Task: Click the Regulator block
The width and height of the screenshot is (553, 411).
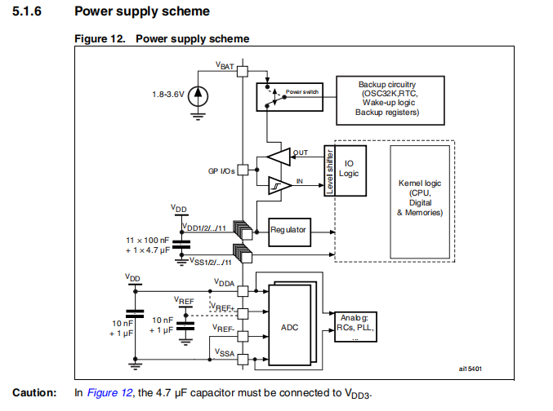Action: (x=289, y=232)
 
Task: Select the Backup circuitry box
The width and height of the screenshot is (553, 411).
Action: (x=390, y=100)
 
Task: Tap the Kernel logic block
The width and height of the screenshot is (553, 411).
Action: (x=420, y=201)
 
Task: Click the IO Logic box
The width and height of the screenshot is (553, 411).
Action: (x=350, y=170)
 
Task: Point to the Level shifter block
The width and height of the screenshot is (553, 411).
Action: (x=329, y=170)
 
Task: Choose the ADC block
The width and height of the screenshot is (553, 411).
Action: (x=289, y=325)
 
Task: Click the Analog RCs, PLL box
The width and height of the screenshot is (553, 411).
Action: (x=355, y=326)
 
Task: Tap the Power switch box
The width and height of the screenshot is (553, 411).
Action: (x=289, y=97)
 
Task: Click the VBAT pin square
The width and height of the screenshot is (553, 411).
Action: (x=243, y=72)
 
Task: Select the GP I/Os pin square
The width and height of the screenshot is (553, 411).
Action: (x=243, y=170)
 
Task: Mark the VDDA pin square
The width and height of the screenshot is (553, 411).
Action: (x=243, y=291)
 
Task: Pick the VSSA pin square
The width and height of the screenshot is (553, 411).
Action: (x=243, y=360)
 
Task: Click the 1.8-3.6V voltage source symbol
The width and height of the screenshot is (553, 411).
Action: (x=198, y=96)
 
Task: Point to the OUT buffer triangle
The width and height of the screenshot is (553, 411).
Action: (x=279, y=157)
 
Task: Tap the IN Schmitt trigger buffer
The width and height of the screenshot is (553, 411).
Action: (x=280, y=185)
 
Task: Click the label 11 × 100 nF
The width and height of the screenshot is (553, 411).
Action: (x=147, y=241)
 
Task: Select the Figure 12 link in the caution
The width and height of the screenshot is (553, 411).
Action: (x=109, y=392)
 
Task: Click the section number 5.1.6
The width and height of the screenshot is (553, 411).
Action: (x=27, y=11)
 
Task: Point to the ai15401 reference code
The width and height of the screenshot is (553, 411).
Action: (x=470, y=369)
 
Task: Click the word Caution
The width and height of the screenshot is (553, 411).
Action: (x=34, y=392)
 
